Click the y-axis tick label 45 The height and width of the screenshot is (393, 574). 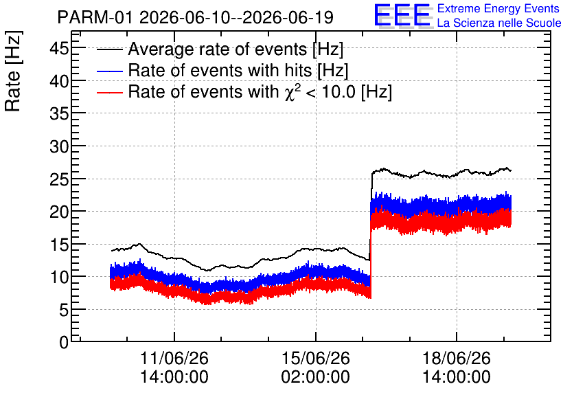tap(59, 48)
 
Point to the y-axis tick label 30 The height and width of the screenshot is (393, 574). tap(59, 146)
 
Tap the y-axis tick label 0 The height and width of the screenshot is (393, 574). tap(64, 342)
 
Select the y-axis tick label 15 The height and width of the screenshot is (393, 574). tap(59, 245)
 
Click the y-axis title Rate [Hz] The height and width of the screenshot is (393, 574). tap(13, 71)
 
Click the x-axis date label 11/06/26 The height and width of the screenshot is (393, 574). tap(174, 358)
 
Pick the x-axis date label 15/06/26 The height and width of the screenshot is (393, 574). tap(316, 358)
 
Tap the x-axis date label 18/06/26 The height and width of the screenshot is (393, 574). tap(457, 358)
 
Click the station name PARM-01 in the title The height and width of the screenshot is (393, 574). tap(95, 17)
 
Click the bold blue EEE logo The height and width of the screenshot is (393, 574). tap(402, 15)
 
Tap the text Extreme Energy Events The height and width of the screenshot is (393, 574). tap(498, 8)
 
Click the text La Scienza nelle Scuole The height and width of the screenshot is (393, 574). tap(499, 23)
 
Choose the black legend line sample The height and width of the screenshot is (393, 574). tap(109, 49)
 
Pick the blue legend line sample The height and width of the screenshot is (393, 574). tap(109, 71)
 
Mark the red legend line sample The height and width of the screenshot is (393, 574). tap(109, 92)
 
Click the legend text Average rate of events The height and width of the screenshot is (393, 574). tap(218, 49)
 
